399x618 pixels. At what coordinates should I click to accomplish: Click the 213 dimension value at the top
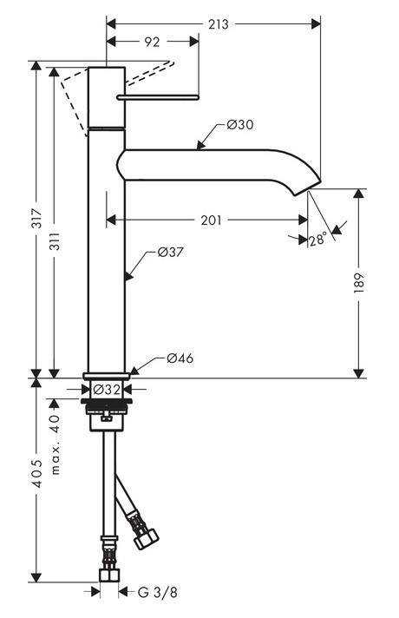click(219, 24)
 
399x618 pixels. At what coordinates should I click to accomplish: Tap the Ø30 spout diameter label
click(239, 125)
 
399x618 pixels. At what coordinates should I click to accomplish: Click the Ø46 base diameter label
click(179, 358)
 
